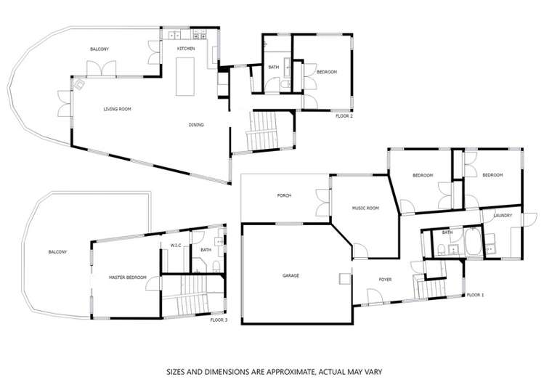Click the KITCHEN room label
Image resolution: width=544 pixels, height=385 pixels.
(186, 49)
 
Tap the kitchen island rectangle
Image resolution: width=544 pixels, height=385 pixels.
(185, 77)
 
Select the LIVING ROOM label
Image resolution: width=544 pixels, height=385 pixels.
(117, 109)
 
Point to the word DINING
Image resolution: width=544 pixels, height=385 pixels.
(196, 125)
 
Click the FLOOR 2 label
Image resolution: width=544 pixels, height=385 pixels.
(344, 116)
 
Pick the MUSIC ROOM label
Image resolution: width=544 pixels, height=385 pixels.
(365, 208)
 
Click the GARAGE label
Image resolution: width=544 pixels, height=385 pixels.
(291, 276)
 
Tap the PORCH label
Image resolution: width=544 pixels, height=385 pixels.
(284, 195)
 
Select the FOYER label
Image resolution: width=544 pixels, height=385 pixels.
(385, 280)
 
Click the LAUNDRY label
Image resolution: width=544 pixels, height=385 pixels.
(503, 216)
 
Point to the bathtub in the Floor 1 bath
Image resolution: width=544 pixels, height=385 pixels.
(474, 241)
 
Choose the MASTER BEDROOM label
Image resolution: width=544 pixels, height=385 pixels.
(128, 277)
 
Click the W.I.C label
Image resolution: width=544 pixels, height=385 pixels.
(176, 246)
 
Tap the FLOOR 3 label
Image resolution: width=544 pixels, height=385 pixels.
(219, 320)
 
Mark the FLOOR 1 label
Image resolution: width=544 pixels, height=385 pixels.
(475, 295)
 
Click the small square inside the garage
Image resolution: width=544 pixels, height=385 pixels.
(345, 279)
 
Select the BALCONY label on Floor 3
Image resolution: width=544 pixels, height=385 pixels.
(57, 252)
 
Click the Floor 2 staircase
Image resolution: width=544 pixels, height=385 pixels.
(263, 131)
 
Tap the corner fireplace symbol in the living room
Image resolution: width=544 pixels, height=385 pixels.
(79, 84)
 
